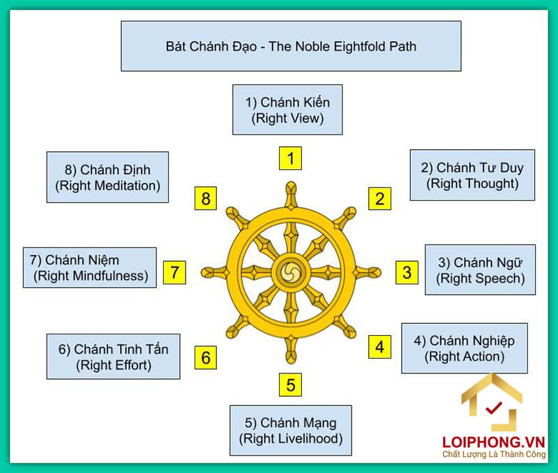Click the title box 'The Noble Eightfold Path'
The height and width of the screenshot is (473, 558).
coord(291,45)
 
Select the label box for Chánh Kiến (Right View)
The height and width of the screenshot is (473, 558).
coord(287,110)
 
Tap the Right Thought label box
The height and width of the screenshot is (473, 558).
coord(472,175)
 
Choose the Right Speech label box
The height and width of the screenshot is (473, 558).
coord(480,270)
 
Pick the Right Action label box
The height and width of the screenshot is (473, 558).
coord(464,348)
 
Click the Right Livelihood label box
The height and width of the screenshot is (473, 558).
coord(291,430)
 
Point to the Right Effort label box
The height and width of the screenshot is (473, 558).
coord(113,356)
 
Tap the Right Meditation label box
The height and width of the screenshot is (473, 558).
coord(107,177)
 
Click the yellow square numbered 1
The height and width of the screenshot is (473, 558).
coord(290,158)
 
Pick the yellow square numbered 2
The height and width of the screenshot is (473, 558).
coord(379,199)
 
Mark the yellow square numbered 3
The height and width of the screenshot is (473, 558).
coord(407,272)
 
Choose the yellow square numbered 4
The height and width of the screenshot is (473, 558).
coord(379,346)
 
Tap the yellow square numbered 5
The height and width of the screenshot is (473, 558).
coord(290,384)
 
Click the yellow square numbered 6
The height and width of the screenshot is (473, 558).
coord(205,357)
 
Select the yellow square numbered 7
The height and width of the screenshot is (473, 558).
coord(175,272)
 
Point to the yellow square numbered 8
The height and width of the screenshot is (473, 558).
coord(205,199)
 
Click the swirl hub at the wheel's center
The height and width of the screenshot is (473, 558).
coord(290,271)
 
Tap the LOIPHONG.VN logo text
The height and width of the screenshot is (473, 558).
coord(492,442)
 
